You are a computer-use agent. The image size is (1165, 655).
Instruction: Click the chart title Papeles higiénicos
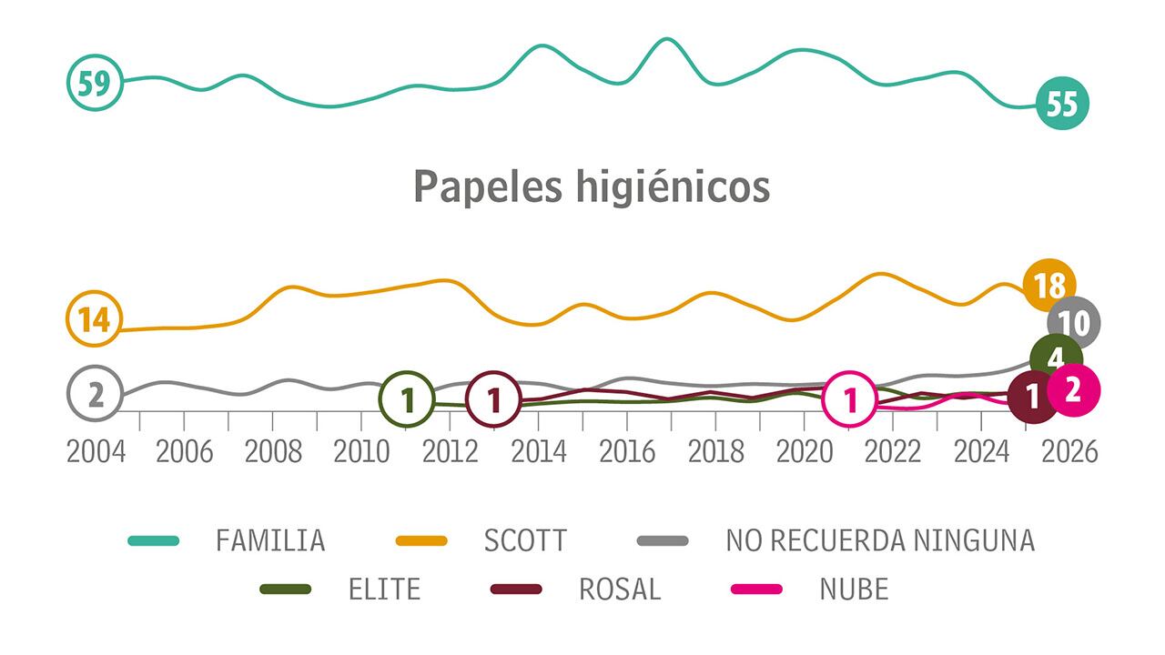coord(592,187)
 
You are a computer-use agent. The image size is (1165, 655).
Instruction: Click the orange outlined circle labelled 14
coord(94,320)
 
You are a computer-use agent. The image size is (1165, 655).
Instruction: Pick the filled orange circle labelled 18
coord(1049,286)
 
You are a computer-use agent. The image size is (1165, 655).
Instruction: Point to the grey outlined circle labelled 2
coord(95,395)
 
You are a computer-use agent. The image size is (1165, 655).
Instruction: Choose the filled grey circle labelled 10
coord(1074,322)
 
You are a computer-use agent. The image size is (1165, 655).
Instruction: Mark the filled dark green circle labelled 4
coord(1056,357)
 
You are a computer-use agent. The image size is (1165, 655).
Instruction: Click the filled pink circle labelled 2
coord(1074,389)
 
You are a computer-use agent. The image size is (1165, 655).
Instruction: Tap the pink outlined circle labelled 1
coord(849,399)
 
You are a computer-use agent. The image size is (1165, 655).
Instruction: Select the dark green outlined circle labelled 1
coord(408,399)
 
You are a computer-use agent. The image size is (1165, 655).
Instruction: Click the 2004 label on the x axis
coord(96,452)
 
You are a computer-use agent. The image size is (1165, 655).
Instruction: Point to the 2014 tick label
coord(539,452)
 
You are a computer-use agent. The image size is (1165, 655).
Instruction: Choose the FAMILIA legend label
coord(270,540)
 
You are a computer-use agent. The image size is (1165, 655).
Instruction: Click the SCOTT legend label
coord(525,540)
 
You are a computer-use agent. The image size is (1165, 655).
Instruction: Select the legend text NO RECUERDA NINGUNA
coord(880,540)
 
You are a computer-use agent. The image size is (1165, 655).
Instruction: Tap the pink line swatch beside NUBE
coord(757,589)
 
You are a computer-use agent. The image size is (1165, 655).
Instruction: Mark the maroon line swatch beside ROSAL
coord(516,589)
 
